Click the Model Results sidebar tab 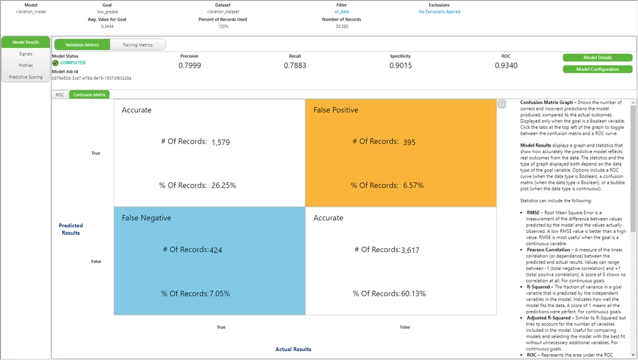coord(26,42)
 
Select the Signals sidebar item coord(26,54)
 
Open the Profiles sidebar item coord(26,65)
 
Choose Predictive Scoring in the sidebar coord(26,77)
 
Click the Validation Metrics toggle coord(82,45)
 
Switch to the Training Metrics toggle coord(137,45)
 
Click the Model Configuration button coord(597,69)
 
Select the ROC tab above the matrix coord(60,94)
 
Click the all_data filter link coord(342,11)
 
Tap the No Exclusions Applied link coord(439,11)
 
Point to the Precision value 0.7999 coord(190,65)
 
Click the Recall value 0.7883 coord(295,65)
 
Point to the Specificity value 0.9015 coord(400,65)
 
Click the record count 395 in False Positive coord(409,142)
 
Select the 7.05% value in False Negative coord(220,294)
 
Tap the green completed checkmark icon coord(56,63)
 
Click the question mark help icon coord(502,104)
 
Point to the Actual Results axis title coord(293,349)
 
